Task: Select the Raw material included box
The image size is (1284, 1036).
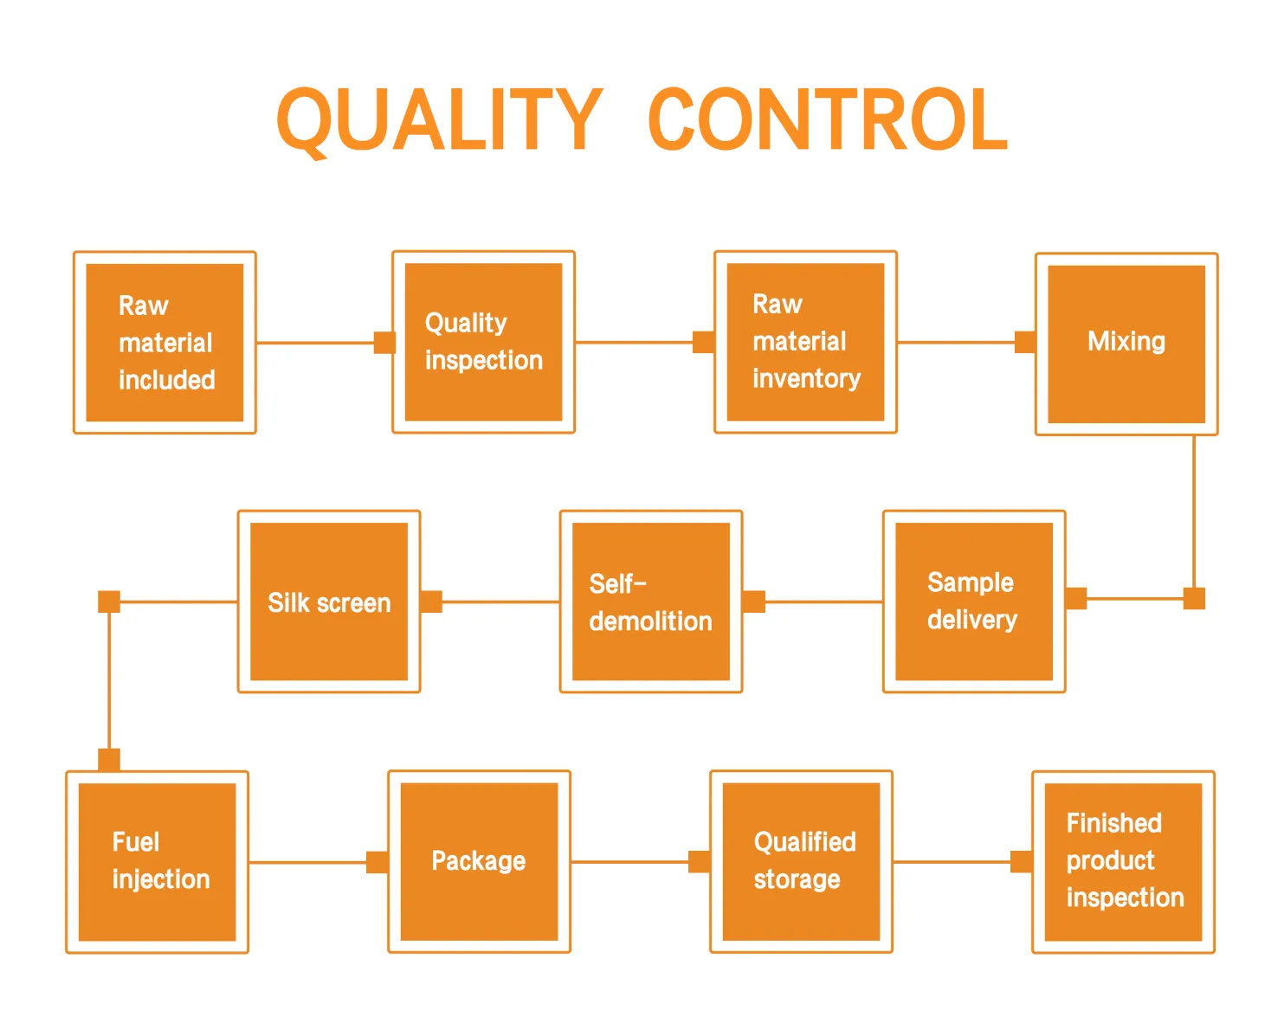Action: [165, 343]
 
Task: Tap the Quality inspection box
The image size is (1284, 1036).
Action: [483, 342]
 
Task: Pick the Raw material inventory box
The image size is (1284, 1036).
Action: [805, 342]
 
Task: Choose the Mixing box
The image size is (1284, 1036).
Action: [1126, 344]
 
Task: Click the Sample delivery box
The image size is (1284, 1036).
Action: [973, 602]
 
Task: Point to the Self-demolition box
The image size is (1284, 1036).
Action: [651, 602]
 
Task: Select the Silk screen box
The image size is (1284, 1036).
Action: [329, 602]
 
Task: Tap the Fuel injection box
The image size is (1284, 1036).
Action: [157, 862]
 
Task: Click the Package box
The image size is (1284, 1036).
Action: [479, 861]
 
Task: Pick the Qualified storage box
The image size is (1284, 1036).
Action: [801, 861]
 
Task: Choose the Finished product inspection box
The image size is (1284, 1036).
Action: [1123, 862]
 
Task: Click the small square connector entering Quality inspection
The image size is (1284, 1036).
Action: [384, 343]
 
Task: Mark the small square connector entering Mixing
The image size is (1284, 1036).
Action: [1025, 342]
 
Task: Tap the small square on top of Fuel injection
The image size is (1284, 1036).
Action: [109, 760]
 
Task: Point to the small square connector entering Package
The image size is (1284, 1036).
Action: [377, 862]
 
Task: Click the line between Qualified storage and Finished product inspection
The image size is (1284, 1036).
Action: [952, 862]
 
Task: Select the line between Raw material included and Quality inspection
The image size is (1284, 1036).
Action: [316, 343]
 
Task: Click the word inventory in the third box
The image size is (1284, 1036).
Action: [806, 379]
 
